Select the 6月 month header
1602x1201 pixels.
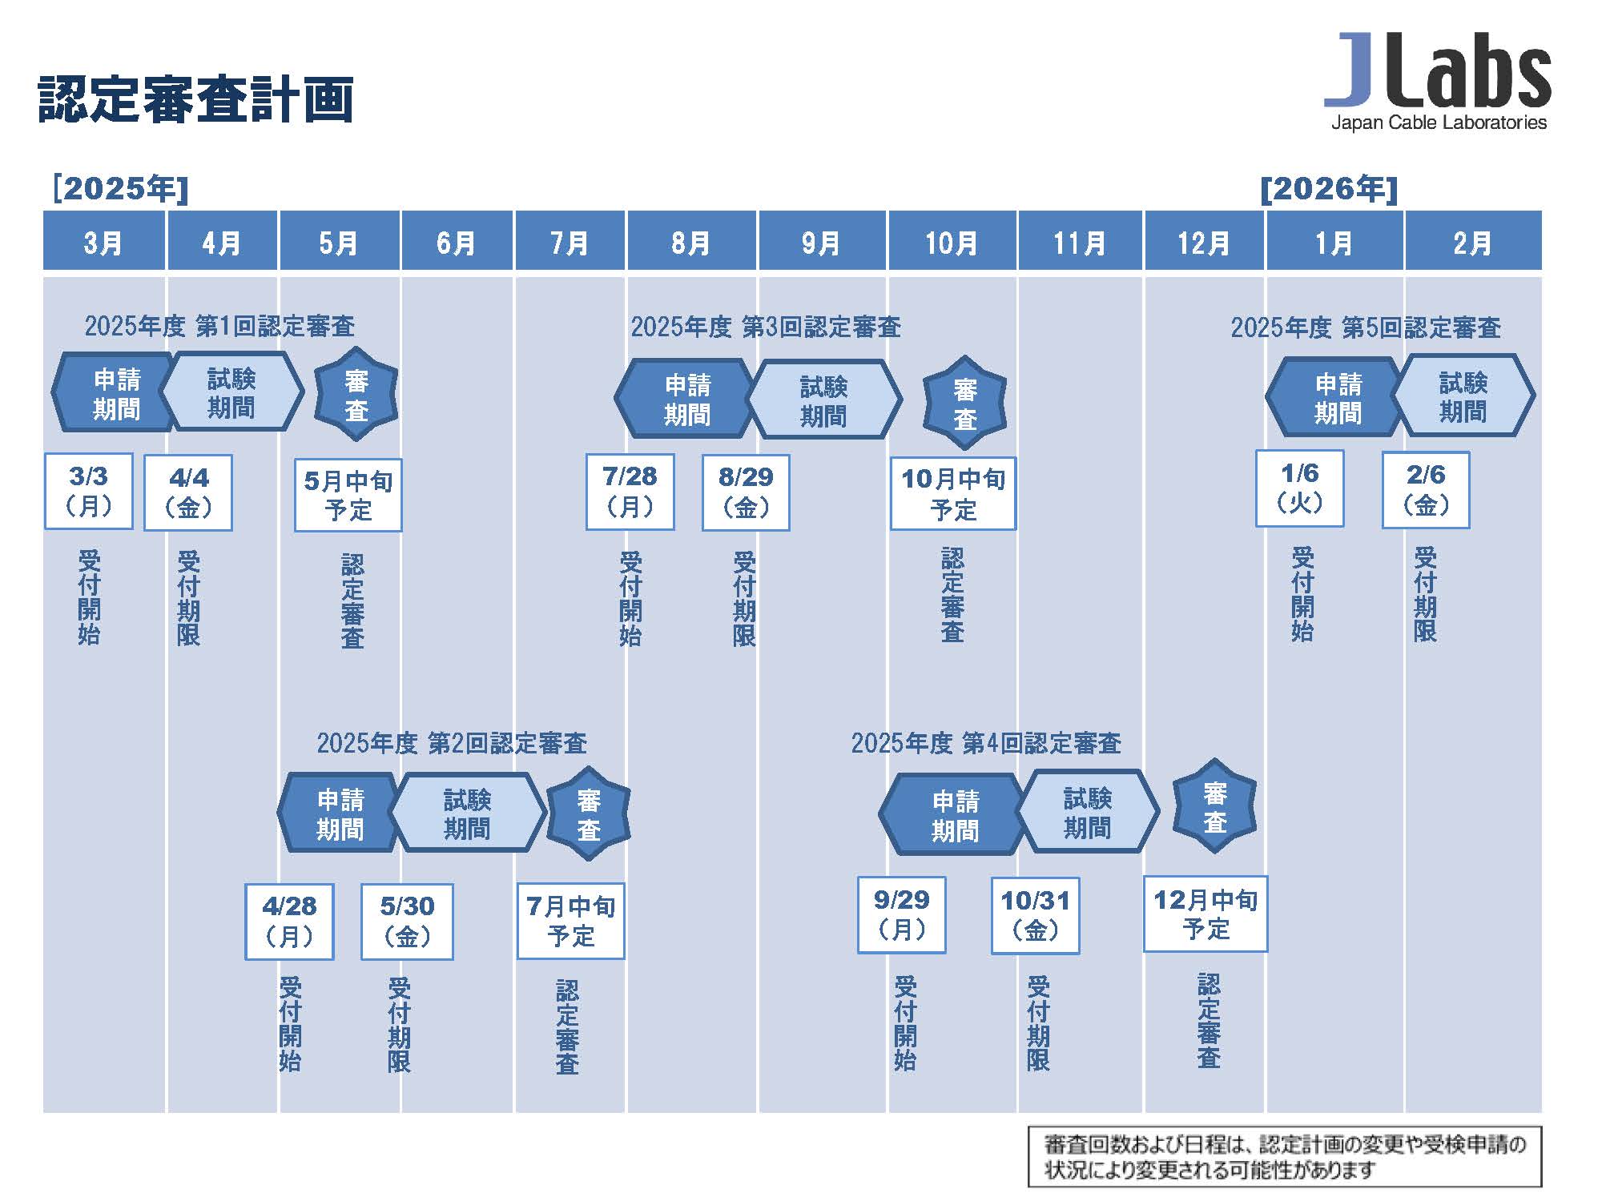[x=457, y=241]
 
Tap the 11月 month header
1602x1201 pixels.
[x=1080, y=241]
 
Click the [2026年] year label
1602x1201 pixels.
[x=1329, y=189]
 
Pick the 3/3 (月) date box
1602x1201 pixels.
[x=88, y=491]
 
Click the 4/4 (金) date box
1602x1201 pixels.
[x=188, y=492]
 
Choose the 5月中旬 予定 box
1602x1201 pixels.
[x=348, y=495]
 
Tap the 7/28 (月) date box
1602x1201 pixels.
[x=630, y=492]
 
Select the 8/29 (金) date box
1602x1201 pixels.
[x=746, y=492]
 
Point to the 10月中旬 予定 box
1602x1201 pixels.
[x=953, y=493]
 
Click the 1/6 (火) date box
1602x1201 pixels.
[x=1299, y=488]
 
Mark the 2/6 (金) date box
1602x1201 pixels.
[x=1426, y=490]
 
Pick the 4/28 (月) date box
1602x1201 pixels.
[x=289, y=922]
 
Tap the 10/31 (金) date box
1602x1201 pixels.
[x=1035, y=915]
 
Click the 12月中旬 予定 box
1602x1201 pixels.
[x=1206, y=914]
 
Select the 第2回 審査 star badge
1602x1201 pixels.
[x=589, y=814]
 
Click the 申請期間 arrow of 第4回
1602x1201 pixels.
[x=953, y=815]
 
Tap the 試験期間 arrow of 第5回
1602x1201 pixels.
[x=1464, y=396]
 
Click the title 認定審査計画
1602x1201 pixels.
[x=196, y=99]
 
